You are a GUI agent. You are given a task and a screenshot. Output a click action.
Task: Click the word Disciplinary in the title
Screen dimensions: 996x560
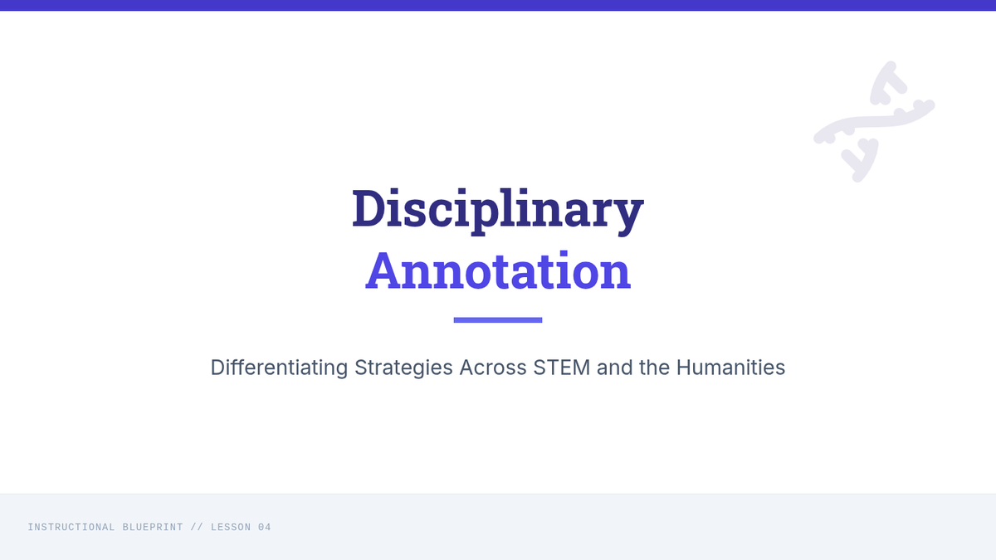497,211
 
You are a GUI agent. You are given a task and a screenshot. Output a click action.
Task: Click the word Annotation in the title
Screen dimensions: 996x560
498,270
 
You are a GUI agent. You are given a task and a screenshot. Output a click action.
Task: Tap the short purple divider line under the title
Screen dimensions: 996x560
498,320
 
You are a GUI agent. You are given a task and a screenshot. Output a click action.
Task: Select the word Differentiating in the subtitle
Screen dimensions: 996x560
279,368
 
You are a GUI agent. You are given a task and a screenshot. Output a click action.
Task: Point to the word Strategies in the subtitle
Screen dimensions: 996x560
403,368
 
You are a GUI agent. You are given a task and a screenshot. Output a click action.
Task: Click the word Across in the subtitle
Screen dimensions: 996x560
493,368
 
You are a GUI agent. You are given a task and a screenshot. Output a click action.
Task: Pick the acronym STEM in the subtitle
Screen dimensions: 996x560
562,368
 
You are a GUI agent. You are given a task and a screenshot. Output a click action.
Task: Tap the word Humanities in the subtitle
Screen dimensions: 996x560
730,368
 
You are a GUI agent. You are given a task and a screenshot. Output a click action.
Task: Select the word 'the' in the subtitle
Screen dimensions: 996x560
654,368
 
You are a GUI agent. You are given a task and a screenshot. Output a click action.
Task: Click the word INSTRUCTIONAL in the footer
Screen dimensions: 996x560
71,527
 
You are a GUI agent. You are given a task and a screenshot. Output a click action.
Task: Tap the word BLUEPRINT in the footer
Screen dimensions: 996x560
153,527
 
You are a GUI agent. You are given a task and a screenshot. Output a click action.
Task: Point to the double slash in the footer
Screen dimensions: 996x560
197,527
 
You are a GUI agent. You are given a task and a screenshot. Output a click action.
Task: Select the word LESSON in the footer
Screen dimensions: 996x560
231,527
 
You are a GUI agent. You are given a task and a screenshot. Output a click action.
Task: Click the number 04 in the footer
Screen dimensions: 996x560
265,527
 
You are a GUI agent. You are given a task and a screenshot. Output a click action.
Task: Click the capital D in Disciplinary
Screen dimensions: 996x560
369,208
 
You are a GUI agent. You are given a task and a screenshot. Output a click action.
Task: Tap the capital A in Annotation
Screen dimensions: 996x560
383,270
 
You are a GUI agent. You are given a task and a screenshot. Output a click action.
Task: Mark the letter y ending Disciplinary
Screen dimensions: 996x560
627,217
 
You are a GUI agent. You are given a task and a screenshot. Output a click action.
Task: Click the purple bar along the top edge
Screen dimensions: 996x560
498,5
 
